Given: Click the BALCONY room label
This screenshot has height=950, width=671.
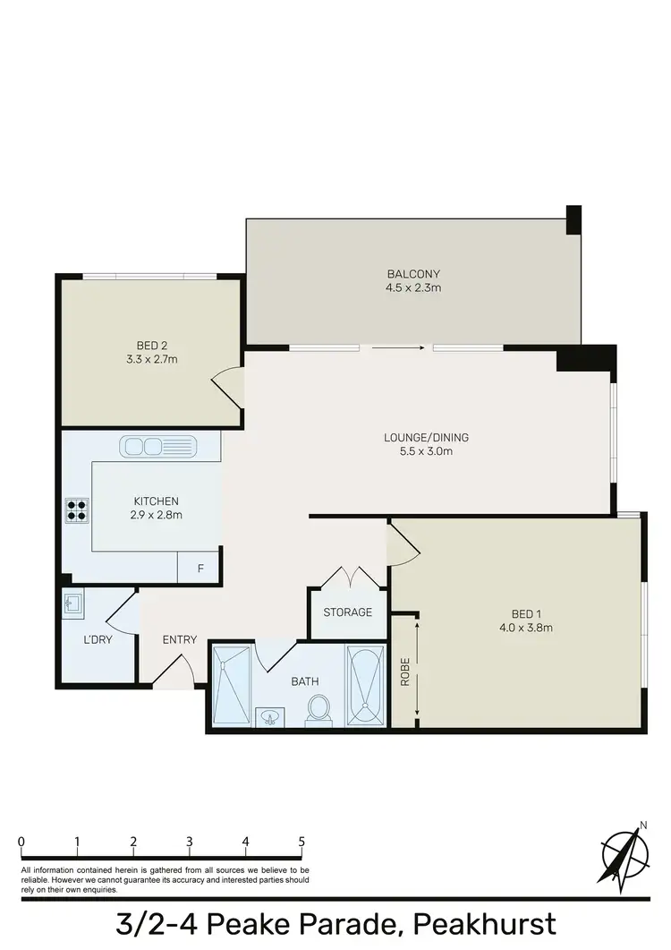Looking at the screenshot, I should pyautogui.click(x=413, y=274).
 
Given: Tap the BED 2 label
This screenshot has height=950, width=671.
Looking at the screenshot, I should pyautogui.click(x=152, y=346).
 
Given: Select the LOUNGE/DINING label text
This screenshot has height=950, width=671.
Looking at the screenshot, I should pyautogui.click(x=426, y=438).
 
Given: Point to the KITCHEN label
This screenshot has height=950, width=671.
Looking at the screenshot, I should pyautogui.click(x=157, y=501).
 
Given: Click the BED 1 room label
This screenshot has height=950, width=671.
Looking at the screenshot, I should pyautogui.click(x=526, y=613).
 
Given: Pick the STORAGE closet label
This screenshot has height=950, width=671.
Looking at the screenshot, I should pyautogui.click(x=348, y=612).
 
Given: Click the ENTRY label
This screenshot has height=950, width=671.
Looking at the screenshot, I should pyautogui.click(x=179, y=639).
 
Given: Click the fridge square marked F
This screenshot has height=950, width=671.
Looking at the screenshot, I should pyautogui.click(x=200, y=568).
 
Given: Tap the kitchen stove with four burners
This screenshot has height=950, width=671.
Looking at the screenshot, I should pyautogui.click(x=75, y=509).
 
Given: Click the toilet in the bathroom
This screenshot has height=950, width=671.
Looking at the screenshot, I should pyautogui.click(x=318, y=709).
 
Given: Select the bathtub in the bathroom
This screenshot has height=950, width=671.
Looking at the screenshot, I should pyautogui.click(x=366, y=686).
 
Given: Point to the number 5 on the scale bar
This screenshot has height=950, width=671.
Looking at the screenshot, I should pyautogui.click(x=302, y=842).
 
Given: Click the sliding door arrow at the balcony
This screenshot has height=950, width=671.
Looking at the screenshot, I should pyautogui.click(x=397, y=347).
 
